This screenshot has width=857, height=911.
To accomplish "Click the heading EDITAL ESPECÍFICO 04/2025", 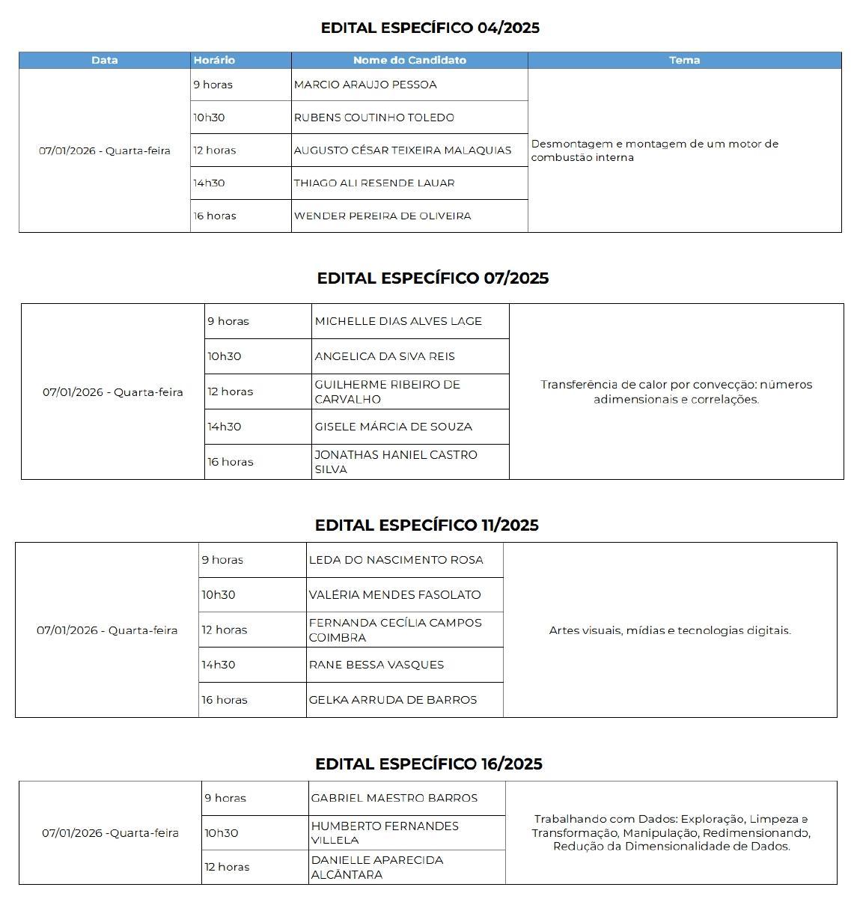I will click(x=430, y=28).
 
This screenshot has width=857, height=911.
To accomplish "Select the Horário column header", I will click(x=214, y=60).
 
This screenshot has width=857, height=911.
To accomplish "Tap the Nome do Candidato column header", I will click(x=409, y=60).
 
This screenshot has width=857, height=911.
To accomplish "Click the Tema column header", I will click(x=684, y=60).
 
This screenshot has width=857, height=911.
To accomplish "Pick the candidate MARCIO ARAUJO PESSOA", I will click(x=365, y=85).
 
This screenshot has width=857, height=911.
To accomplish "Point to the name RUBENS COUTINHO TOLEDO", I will click(x=373, y=118).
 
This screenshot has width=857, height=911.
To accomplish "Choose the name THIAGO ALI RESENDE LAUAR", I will click(x=373, y=183).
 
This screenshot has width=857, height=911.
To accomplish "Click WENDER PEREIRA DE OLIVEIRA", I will click(x=382, y=216).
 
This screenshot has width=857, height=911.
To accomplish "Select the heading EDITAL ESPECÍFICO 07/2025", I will click(x=433, y=278).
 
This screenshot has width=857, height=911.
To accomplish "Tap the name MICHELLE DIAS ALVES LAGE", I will click(x=398, y=321).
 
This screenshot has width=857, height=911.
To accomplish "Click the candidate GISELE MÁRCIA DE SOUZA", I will click(x=393, y=427).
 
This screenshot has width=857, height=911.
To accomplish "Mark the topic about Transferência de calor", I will click(x=676, y=391).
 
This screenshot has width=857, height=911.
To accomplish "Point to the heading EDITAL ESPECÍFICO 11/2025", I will click(x=427, y=525).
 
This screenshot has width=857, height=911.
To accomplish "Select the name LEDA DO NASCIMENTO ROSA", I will click(x=396, y=560).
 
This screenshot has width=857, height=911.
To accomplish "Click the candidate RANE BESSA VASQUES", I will click(x=376, y=665).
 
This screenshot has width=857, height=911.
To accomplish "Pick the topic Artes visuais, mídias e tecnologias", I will click(x=670, y=630).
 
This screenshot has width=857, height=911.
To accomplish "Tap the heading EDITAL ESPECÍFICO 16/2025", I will click(x=428, y=764).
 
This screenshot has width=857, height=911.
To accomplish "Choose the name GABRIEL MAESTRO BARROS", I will click(x=394, y=798).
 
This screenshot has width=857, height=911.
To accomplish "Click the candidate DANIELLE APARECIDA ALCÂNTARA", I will click(x=376, y=867).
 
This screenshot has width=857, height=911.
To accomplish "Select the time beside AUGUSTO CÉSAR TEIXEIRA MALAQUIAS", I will click(x=214, y=150).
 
